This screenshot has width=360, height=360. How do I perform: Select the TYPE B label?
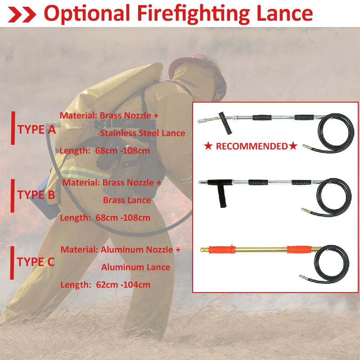click(x=36, y=195)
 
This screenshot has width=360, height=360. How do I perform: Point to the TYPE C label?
click(x=36, y=262)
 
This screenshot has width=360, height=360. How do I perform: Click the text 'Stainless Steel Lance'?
click(x=142, y=133)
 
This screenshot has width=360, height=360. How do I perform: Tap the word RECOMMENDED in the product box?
click(x=251, y=146)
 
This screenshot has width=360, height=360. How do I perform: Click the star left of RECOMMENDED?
click(x=208, y=146)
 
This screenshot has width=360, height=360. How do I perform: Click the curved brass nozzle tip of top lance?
click(x=205, y=120)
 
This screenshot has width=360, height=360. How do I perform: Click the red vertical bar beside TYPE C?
click(x=13, y=262)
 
